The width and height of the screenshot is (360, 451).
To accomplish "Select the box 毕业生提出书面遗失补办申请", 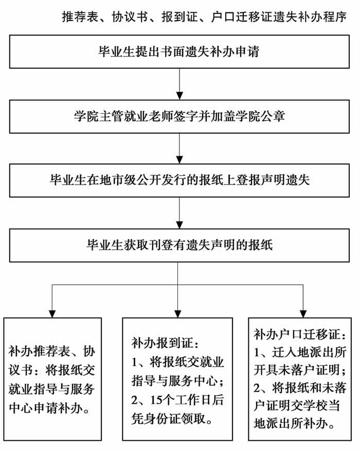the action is click(179, 52).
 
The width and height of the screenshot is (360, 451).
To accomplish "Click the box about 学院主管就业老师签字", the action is click(179, 117).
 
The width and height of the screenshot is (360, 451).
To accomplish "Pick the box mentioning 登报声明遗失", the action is click(179, 181).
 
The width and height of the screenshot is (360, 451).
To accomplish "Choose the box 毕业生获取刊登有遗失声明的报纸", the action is click(179, 245).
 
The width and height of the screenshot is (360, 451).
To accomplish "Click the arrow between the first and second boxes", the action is click(179, 84).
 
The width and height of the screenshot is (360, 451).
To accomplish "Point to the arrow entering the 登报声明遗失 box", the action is click(179, 149).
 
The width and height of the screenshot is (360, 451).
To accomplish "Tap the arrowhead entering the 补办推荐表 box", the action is click(52, 314).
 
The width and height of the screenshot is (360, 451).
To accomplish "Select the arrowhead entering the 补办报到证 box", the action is click(178, 314).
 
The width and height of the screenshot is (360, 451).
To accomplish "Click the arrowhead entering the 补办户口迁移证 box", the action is click(303, 314).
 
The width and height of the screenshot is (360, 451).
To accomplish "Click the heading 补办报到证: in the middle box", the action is click(165, 343).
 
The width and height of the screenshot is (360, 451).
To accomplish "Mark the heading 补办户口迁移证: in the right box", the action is click(300, 334).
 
